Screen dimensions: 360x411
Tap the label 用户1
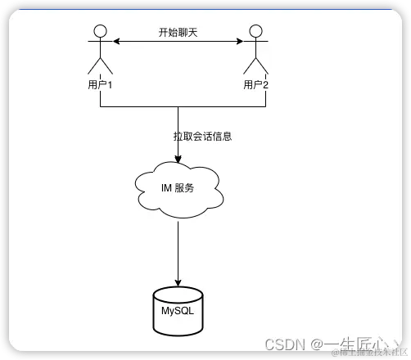click(x=100, y=84)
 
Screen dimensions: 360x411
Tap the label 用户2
click(x=255, y=84)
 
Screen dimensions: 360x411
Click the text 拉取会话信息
click(x=202, y=136)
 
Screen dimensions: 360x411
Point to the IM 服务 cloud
click(x=178, y=188)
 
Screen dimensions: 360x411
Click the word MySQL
click(x=178, y=312)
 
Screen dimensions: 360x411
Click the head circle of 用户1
click(x=100, y=32)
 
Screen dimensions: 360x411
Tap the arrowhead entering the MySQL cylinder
click(x=178, y=279)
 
